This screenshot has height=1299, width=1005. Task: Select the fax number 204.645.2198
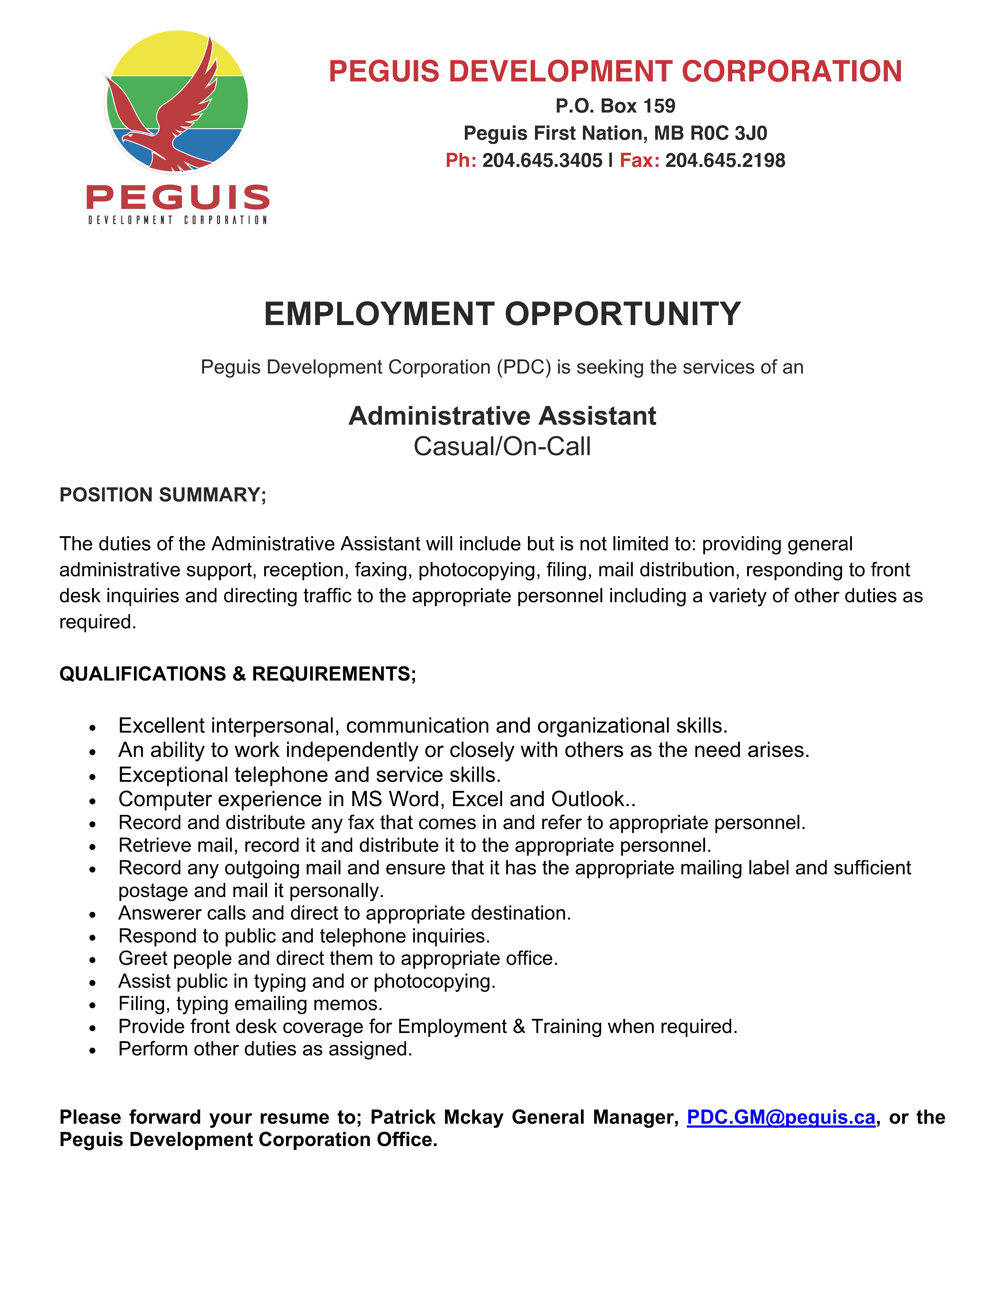(x=725, y=161)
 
